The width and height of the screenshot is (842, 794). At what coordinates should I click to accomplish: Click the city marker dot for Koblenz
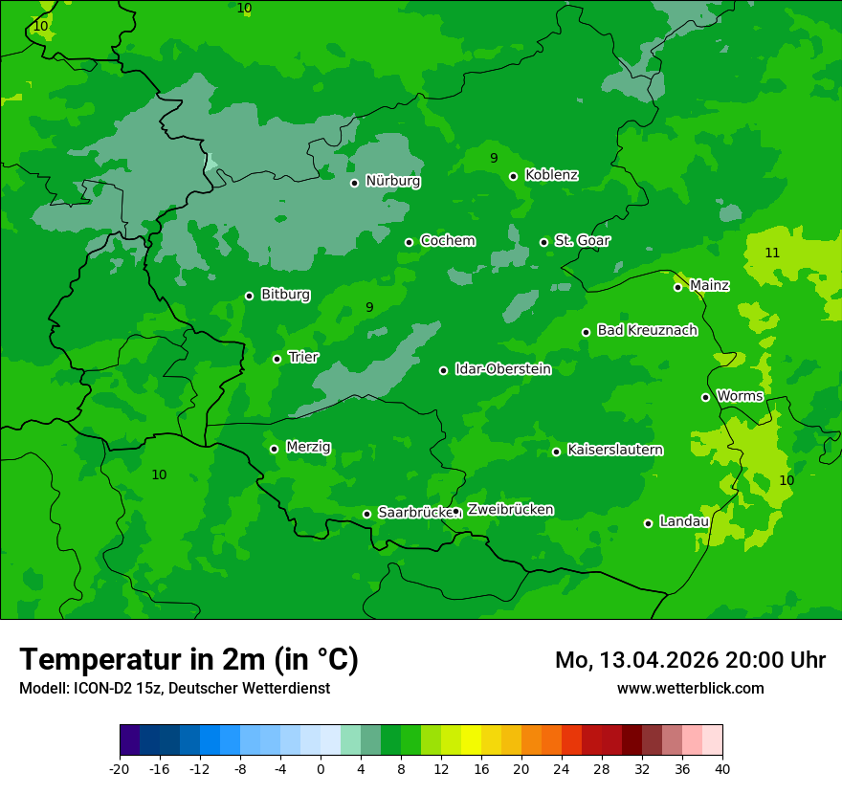tap(514, 176)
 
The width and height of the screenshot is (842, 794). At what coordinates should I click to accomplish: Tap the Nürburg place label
tap(392, 181)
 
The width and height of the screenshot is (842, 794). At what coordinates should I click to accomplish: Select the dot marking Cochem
tap(410, 242)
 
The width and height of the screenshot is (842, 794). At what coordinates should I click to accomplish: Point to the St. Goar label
tap(582, 240)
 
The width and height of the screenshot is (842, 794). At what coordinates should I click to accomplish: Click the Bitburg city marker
tap(250, 296)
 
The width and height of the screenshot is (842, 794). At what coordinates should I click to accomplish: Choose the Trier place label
tap(303, 357)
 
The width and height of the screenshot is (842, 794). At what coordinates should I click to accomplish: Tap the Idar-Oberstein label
tap(502, 368)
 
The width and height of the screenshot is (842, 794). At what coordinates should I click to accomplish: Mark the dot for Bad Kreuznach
tap(587, 333)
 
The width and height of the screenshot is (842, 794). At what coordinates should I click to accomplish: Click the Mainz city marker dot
tap(678, 287)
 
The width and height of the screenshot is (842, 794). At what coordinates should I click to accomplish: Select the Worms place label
tap(740, 396)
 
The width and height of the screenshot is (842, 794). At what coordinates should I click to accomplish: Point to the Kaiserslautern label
tap(615, 450)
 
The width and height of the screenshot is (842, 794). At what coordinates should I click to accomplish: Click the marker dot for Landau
tap(649, 523)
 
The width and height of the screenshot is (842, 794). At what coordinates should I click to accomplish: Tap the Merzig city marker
tap(275, 449)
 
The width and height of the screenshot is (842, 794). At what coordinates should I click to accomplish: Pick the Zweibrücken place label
tap(510, 510)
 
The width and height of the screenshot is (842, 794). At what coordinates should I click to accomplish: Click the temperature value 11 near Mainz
tap(772, 253)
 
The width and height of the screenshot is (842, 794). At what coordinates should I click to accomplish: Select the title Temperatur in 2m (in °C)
tap(188, 660)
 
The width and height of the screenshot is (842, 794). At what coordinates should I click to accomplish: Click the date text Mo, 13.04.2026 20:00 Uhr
tap(690, 660)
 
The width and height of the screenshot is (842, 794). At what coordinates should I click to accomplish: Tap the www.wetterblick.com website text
tap(690, 688)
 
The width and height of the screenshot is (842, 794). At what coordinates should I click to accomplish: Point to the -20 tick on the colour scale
tap(120, 768)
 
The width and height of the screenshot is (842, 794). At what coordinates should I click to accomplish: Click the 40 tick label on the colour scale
tap(722, 768)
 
